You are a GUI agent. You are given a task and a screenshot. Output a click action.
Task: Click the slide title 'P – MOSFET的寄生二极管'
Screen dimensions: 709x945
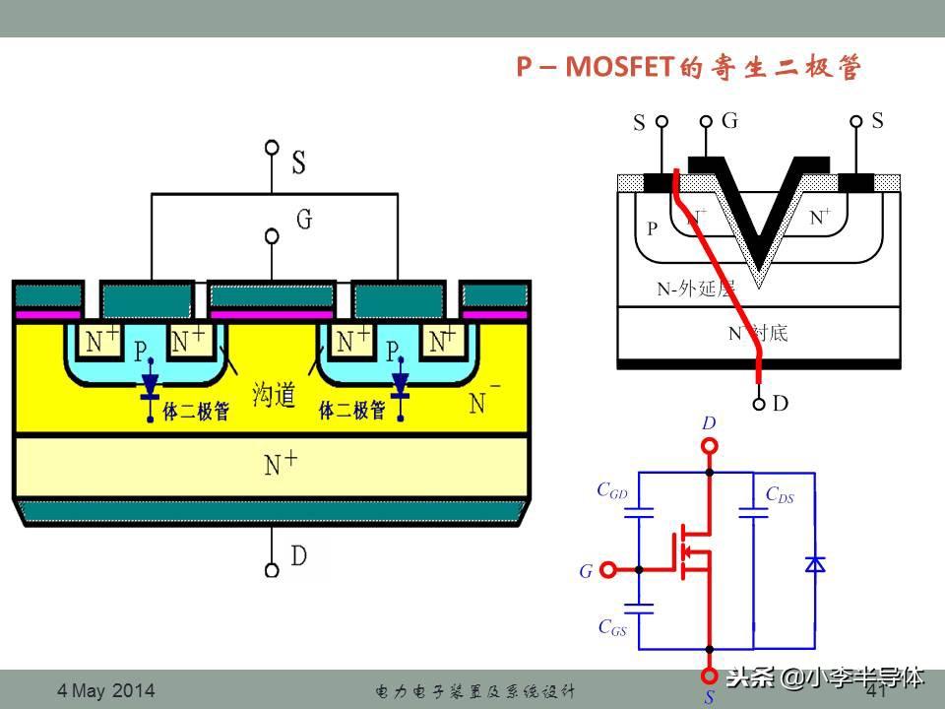(689, 67)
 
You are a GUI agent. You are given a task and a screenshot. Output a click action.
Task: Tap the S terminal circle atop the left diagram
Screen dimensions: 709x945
(272, 149)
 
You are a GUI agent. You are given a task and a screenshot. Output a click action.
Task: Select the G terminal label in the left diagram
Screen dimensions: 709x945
(304, 219)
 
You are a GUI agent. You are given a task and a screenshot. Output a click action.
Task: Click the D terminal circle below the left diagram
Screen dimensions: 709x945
(272, 568)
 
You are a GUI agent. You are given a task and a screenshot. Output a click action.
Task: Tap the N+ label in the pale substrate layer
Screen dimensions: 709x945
(283, 463)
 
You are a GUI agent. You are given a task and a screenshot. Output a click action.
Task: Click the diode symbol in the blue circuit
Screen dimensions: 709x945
(814, 563)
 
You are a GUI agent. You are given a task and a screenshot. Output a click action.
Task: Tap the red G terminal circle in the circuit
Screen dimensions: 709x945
(608, 569)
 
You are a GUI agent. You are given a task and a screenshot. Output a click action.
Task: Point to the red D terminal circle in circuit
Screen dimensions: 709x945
(709, 446)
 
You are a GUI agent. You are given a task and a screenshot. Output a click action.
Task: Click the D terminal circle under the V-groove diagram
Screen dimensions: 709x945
(759, 403)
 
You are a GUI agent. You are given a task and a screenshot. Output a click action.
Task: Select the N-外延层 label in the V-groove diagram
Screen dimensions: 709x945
(696, 290)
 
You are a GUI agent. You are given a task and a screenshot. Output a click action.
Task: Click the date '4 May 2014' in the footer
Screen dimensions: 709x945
(106, 691)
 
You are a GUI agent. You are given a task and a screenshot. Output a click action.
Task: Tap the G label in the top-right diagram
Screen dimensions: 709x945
(729, 121)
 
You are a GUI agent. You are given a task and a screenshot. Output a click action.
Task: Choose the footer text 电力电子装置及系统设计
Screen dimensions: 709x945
(475, 691)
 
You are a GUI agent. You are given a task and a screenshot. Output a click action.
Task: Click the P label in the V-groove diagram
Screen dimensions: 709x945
(652, 228)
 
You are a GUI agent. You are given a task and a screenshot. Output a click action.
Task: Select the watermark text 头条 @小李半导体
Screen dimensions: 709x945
(825, 677)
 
